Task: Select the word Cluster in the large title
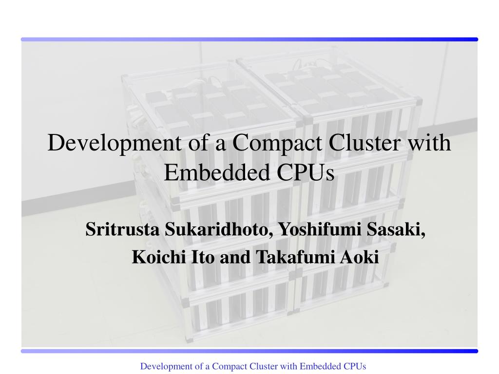pyautogui.click(x=365, y=142)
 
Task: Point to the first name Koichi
pyautogui.click(x=159, y=257)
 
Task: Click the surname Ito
pyautogui.click(x=203, y=257)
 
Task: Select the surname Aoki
pyautogui.click(x=359, y=257)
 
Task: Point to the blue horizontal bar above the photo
pyautogui.click(x=249, y=39)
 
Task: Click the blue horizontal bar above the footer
pyautogui.click(x=249, y=351)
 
